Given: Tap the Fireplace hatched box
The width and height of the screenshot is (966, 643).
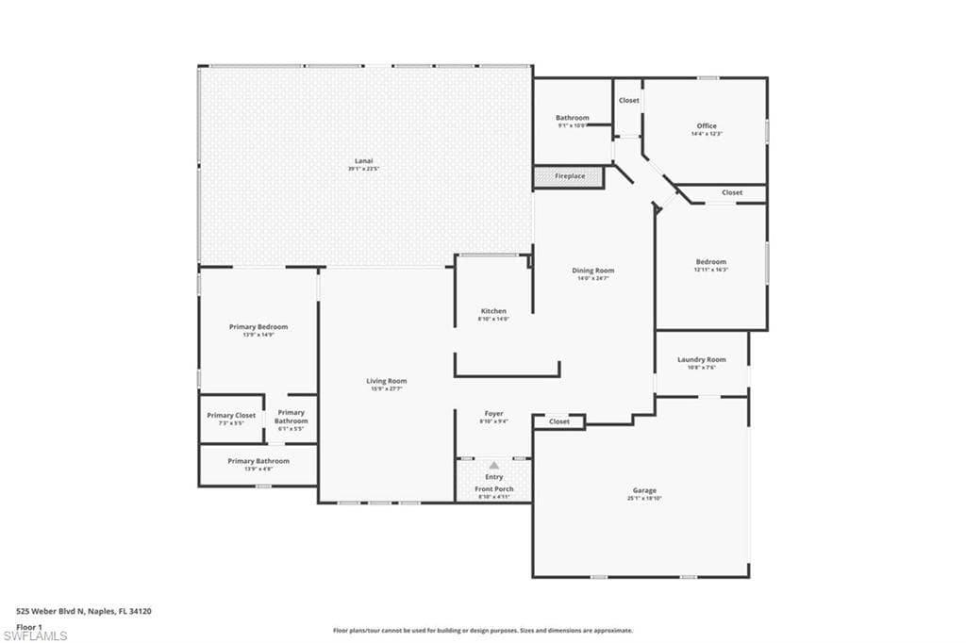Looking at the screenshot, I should (x=569, y=176).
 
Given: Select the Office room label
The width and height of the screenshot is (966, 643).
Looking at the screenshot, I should (x=707, y=125).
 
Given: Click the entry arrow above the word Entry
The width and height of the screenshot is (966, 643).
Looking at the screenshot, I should (x=493, y=465).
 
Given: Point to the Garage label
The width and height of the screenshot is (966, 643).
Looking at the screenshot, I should (x=644, y=490).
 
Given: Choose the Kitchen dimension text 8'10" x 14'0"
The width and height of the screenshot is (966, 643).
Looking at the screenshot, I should (x=493, y=319).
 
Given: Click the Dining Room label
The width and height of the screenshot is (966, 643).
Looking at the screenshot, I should (x=592, y=271).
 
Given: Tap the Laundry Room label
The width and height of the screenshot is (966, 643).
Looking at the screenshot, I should (x=702, y=359).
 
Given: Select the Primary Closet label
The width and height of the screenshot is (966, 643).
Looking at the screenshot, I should (x=231, y=415).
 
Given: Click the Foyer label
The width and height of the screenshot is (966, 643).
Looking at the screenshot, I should (x=493, y=413).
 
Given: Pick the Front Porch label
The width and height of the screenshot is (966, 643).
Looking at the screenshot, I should (x=493, y=489).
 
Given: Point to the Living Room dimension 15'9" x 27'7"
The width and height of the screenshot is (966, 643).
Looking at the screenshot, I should (x=387, y=388).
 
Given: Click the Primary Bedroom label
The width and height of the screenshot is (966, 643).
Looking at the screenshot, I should (x=258, y=326).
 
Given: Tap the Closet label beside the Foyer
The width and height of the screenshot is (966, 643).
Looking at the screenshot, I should (x=559, y=421).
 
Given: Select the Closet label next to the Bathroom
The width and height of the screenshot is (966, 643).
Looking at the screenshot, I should (x=628, y=100).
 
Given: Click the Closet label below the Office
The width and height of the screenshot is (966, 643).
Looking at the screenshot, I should (x=732, y=192).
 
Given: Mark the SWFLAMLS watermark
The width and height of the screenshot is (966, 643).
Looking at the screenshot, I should (x=35, y=635).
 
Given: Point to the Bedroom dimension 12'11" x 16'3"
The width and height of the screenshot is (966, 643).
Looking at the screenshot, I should (x=711, y=270).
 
